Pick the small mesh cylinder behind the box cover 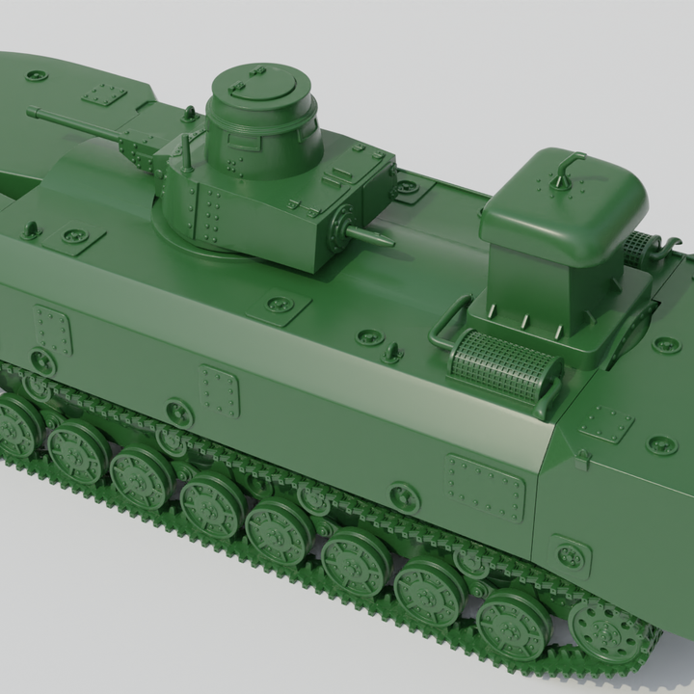[x=637, y=250]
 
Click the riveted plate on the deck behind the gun [x=104, y=94]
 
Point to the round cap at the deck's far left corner [x=37, y=74]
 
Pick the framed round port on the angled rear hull [x=571, y=555]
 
